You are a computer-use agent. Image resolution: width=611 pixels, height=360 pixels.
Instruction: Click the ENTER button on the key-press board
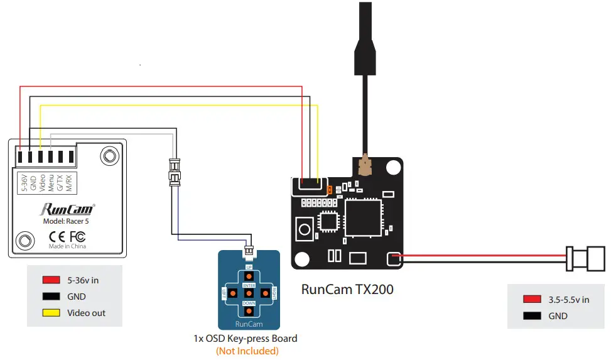click(249, 293)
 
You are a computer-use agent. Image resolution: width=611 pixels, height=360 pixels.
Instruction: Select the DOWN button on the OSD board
click(249, 310)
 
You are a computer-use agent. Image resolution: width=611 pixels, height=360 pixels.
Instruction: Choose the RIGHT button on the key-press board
click(266, 293)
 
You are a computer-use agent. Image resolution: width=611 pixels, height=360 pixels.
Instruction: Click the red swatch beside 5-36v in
click(51, 280)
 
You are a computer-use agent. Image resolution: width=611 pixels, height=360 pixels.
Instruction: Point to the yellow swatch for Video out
click(51, 313)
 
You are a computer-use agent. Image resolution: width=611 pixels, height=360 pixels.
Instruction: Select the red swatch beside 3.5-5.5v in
click(531, 300)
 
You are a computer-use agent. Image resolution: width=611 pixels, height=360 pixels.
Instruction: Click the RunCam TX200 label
click(347, 290)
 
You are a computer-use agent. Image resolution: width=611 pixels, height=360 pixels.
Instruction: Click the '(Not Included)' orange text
click(247, 351)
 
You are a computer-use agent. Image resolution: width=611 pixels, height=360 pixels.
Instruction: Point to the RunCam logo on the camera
click(67, 209)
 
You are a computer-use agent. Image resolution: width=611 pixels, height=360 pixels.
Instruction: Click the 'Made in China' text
click(67, 246)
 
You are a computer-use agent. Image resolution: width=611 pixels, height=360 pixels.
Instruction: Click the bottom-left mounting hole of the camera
click(25, 239)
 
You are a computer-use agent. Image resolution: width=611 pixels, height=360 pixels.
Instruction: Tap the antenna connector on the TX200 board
click(364, 166)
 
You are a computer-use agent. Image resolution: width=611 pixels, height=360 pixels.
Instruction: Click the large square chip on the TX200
click(364, 218)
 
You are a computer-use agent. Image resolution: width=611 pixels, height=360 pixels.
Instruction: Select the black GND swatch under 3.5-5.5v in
click(531, 316)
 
